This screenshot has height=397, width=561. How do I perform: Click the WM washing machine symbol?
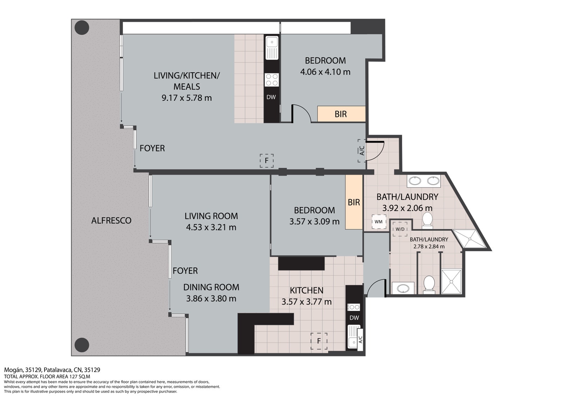379,222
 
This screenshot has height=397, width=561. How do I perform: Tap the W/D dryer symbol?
400,229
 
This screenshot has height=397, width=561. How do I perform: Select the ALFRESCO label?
111,221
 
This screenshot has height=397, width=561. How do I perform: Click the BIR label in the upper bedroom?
340,114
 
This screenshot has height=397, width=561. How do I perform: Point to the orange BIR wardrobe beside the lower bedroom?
354,202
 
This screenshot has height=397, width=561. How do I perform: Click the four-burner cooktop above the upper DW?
272,79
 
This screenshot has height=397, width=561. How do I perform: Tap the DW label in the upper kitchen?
271,97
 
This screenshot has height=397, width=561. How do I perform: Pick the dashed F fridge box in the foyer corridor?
266,161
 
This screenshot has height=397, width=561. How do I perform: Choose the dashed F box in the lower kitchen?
319,341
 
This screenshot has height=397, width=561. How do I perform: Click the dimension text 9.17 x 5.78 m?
187,98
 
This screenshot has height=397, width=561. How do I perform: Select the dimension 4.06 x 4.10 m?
325,72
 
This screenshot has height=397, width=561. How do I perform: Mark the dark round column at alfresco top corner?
82,28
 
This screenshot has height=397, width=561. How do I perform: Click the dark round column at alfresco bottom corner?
82,345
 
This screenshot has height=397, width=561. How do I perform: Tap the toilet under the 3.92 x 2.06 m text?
427,220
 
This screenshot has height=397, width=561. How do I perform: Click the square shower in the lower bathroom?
451,282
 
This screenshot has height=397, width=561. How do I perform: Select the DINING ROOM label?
211,287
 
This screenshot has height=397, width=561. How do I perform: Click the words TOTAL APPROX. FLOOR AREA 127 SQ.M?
47,376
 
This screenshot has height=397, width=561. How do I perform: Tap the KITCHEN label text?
306,291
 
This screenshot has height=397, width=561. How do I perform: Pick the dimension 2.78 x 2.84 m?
429,246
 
